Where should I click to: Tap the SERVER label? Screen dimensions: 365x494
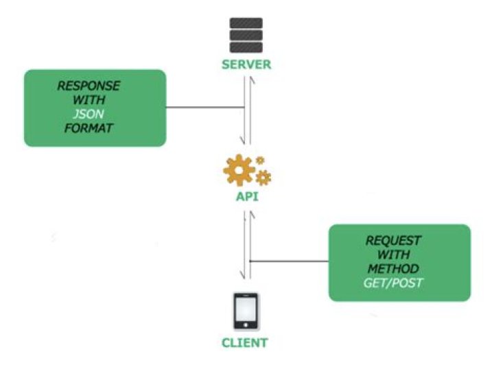tap(246, 65)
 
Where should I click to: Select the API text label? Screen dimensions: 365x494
tap(246, 197)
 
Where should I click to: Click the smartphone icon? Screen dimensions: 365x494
tap(246, 312)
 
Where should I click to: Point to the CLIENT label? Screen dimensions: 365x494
tap(245, 342)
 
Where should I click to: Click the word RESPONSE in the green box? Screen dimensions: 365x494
tap(89, 87)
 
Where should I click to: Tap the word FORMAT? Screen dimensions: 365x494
tap(89, 128)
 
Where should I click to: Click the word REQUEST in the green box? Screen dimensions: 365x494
tap(393, 241)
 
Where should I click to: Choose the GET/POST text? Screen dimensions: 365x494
tap(393, 281)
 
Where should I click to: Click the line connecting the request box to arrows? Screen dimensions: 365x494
tap(288, 261)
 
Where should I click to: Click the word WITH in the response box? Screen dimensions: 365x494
tap(89, 101)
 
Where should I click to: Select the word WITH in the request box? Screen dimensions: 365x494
tap(393, 255)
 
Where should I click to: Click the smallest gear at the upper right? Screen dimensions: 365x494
tap(259, 161)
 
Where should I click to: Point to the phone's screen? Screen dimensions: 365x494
tap(246, 311)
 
